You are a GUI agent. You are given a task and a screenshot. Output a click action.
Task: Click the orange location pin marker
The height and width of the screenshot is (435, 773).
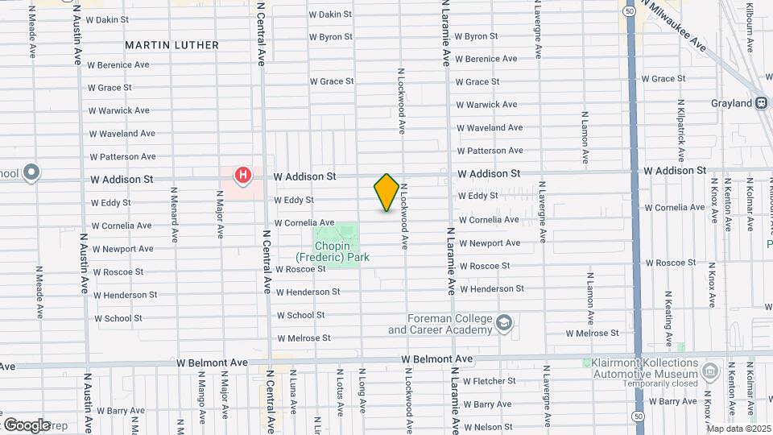pos(386,193)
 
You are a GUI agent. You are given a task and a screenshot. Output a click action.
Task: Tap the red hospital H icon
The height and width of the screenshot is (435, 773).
pos(242,175)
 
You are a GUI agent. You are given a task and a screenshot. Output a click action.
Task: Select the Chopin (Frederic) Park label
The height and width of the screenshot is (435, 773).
pos(341,251)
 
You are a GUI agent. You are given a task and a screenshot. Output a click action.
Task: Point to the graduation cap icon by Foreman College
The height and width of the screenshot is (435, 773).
pos(504,323)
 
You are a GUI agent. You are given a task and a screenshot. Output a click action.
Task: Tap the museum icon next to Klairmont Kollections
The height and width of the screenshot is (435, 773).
pos(709,371)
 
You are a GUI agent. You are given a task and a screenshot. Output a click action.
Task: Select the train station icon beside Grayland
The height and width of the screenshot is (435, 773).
pos(760,103)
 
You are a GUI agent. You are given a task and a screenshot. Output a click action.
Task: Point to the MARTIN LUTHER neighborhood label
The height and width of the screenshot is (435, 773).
pos(172,43)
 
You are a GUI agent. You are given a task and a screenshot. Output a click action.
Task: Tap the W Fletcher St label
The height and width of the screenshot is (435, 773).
pos(487,380)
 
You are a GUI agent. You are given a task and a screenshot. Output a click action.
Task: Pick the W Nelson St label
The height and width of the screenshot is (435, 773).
pos(488,426)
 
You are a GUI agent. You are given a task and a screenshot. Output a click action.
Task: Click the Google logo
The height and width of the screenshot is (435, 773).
pos(27,425)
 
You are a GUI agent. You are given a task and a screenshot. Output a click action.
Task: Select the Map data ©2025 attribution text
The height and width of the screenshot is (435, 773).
pos(738,429)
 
